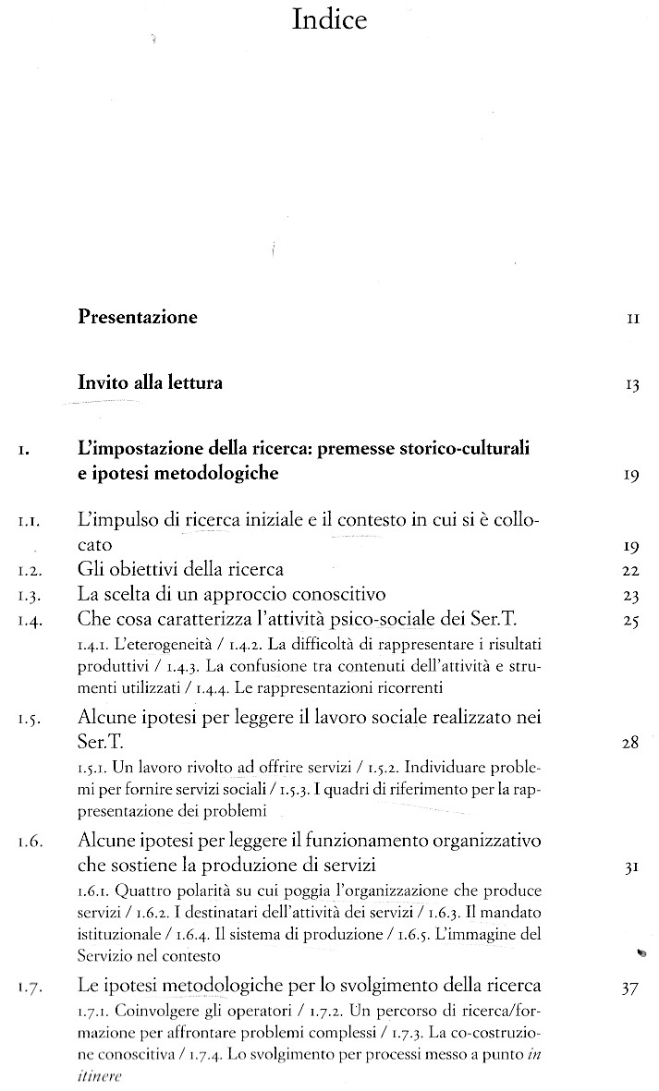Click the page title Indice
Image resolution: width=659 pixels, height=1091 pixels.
[329, 20]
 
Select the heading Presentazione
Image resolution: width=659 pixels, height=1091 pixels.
[138, 318]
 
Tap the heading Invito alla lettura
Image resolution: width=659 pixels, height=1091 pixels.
[150, 382]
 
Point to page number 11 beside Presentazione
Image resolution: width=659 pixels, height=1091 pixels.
[633, 320]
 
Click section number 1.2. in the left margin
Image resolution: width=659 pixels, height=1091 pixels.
[27, 570]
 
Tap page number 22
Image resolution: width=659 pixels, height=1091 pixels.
[632, 570]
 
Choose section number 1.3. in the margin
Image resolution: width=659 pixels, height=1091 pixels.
[27, 595]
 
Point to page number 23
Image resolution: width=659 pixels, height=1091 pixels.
[632, 596]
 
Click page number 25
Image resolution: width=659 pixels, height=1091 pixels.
[632, 621]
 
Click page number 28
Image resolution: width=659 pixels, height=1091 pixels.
[631, 743]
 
